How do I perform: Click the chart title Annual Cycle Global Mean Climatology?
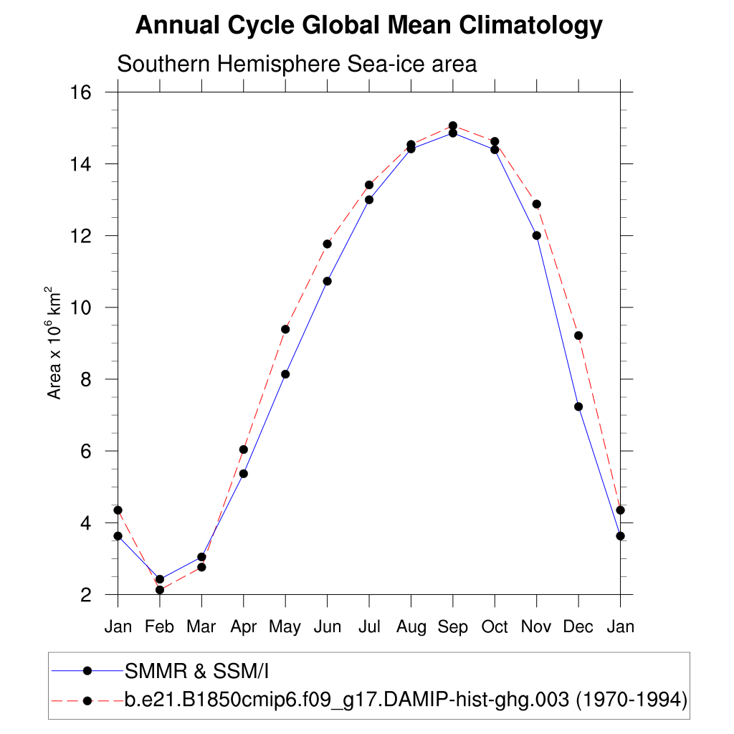click(x=368, y=26)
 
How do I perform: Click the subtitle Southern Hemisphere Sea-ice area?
click(x=297, y=64)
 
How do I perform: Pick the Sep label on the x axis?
click(x=453, y=627)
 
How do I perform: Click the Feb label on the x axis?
click(x=159, y=627)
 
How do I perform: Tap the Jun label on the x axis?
click(x=327, y=627)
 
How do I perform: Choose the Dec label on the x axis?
click(x=578, y=627)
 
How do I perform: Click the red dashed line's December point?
click(x=578, y=335)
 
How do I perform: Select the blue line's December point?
click(x=578, y=406)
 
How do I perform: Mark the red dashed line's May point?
click(x=285, y=329)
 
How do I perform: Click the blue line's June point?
click(x=327, y=281)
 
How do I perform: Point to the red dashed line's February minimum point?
click(x=160, y=590)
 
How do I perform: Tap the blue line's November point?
click(x=536, y=235)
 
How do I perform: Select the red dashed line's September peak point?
click(x=453, y=125)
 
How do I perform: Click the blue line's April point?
click(x=244, y=473)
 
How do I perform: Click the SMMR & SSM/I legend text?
click(x=196, y=671)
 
